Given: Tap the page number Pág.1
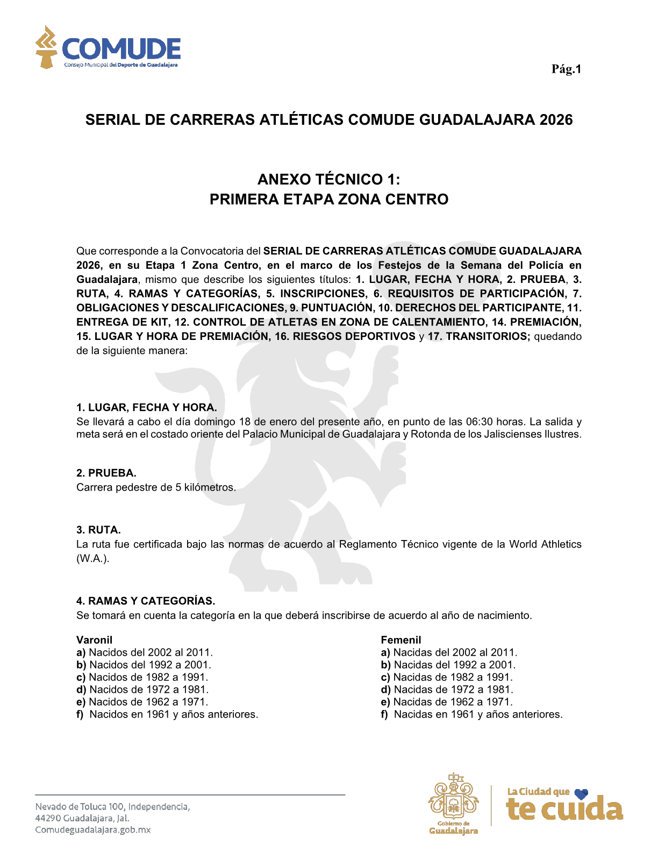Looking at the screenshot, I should point(566,69).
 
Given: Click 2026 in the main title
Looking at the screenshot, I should point(556,119).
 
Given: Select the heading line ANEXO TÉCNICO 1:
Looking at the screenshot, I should point(328,179).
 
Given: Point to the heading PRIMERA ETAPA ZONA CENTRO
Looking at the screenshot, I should point(328,200).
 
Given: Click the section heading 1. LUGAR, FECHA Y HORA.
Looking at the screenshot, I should point(146,407).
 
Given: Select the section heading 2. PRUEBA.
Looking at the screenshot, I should point(106,473).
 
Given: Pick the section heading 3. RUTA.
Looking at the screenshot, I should point(98,530).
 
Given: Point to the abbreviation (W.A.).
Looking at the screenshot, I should point(92,558).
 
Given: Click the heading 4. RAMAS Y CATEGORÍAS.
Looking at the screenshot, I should point(146,601).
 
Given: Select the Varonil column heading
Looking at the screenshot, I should point(94,640).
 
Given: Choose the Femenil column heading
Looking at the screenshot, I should point(400,640).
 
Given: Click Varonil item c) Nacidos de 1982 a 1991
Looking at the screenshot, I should point(142,677).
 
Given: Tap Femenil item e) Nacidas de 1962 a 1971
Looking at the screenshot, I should point(447,702).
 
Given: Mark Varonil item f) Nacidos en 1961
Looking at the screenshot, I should point(167,714).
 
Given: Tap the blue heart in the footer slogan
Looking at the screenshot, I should point(581,793).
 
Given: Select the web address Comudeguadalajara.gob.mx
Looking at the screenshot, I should point(92,830).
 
